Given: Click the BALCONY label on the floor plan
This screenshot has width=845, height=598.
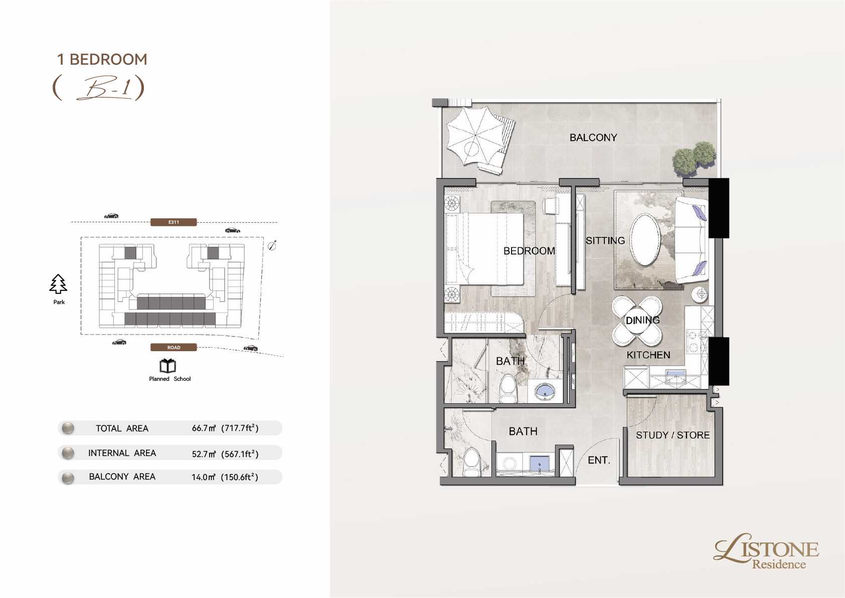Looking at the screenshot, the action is [593, 137].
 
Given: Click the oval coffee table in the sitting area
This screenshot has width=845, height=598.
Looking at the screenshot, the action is [645, 240].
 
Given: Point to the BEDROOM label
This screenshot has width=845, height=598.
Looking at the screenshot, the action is [529, 251].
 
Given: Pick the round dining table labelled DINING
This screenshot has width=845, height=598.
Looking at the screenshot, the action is [637, 321].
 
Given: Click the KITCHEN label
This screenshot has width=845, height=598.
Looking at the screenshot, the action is [648, 355].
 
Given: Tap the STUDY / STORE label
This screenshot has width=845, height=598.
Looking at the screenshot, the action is [672, 435].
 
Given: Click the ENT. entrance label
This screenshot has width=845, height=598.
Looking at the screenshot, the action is [599, 461].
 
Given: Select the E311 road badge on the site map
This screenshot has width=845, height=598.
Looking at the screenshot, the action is [174, 222].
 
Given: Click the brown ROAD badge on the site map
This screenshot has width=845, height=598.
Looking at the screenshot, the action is [174, 348].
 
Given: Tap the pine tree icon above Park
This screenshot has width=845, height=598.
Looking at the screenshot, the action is [58, 284].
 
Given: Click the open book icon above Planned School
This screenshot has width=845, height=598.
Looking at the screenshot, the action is [167, 366].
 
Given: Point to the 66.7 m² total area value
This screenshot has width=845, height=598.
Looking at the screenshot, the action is [204, 428].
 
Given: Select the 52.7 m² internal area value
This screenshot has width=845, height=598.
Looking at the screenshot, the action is [204, 454].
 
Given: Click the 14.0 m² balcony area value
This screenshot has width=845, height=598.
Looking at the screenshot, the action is [203, 477].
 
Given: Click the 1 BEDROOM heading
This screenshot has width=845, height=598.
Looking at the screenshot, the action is [102, 60].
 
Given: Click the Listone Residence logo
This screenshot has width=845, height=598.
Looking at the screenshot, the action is [766, 551].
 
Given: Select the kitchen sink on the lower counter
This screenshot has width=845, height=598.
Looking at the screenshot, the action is [674, 376].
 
